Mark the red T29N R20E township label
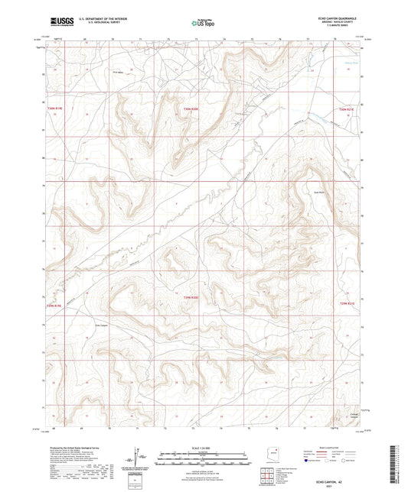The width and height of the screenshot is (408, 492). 191,297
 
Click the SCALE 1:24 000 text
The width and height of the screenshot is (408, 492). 204,446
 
